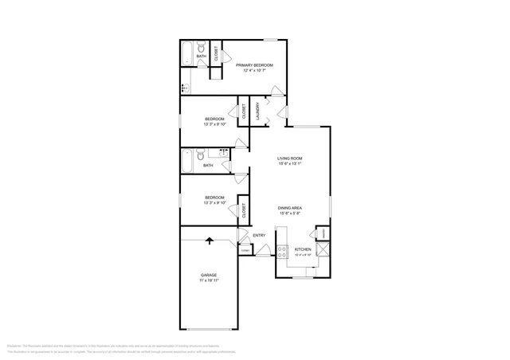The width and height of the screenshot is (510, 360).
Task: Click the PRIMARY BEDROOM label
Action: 254,65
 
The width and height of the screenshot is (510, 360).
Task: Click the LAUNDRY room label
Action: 257,111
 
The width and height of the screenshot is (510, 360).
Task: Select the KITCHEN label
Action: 303,249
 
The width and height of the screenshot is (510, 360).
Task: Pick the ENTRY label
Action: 259,235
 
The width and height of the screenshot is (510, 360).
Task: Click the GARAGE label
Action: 209,275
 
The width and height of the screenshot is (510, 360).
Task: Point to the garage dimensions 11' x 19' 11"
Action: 209,281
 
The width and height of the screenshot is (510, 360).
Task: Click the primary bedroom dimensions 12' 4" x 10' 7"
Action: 254,71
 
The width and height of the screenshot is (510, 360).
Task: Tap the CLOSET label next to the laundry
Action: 243,112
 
